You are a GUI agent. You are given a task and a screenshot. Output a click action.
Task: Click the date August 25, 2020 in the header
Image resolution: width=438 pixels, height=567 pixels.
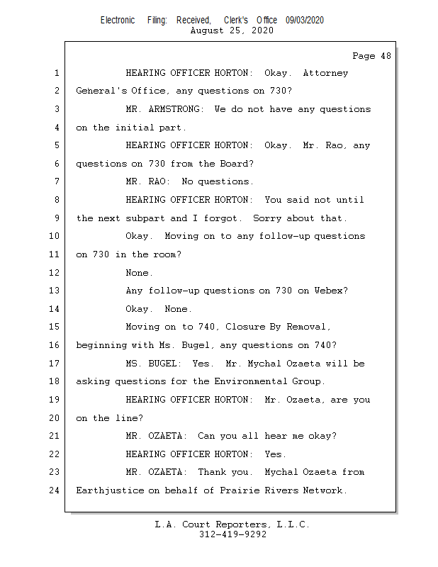pyautogui.click(x=232, y=30)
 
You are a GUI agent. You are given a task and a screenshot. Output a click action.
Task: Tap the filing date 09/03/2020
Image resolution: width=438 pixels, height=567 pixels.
pyautogui.click(x=305, y=21)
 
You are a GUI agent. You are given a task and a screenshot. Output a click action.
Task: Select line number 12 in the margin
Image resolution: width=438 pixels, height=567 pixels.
pyautogui.click(x=55, y=273)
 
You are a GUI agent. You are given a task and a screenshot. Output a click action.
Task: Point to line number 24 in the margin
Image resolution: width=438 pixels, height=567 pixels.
pyautogui.click(x=55, y=490)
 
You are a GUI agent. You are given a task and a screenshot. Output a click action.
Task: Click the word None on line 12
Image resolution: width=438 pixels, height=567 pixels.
pyautogui.click(x=137, y=273)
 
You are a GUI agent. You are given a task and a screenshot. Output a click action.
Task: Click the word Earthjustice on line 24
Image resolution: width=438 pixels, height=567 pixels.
pyautogui.click(x=109, y=490)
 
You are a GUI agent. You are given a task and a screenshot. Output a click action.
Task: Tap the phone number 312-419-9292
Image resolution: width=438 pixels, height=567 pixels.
pyautogui.click(x=232, y=534)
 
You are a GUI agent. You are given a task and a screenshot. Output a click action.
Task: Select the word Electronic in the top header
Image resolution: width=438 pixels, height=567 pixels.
pyautogui.click(x=118, y=21)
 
